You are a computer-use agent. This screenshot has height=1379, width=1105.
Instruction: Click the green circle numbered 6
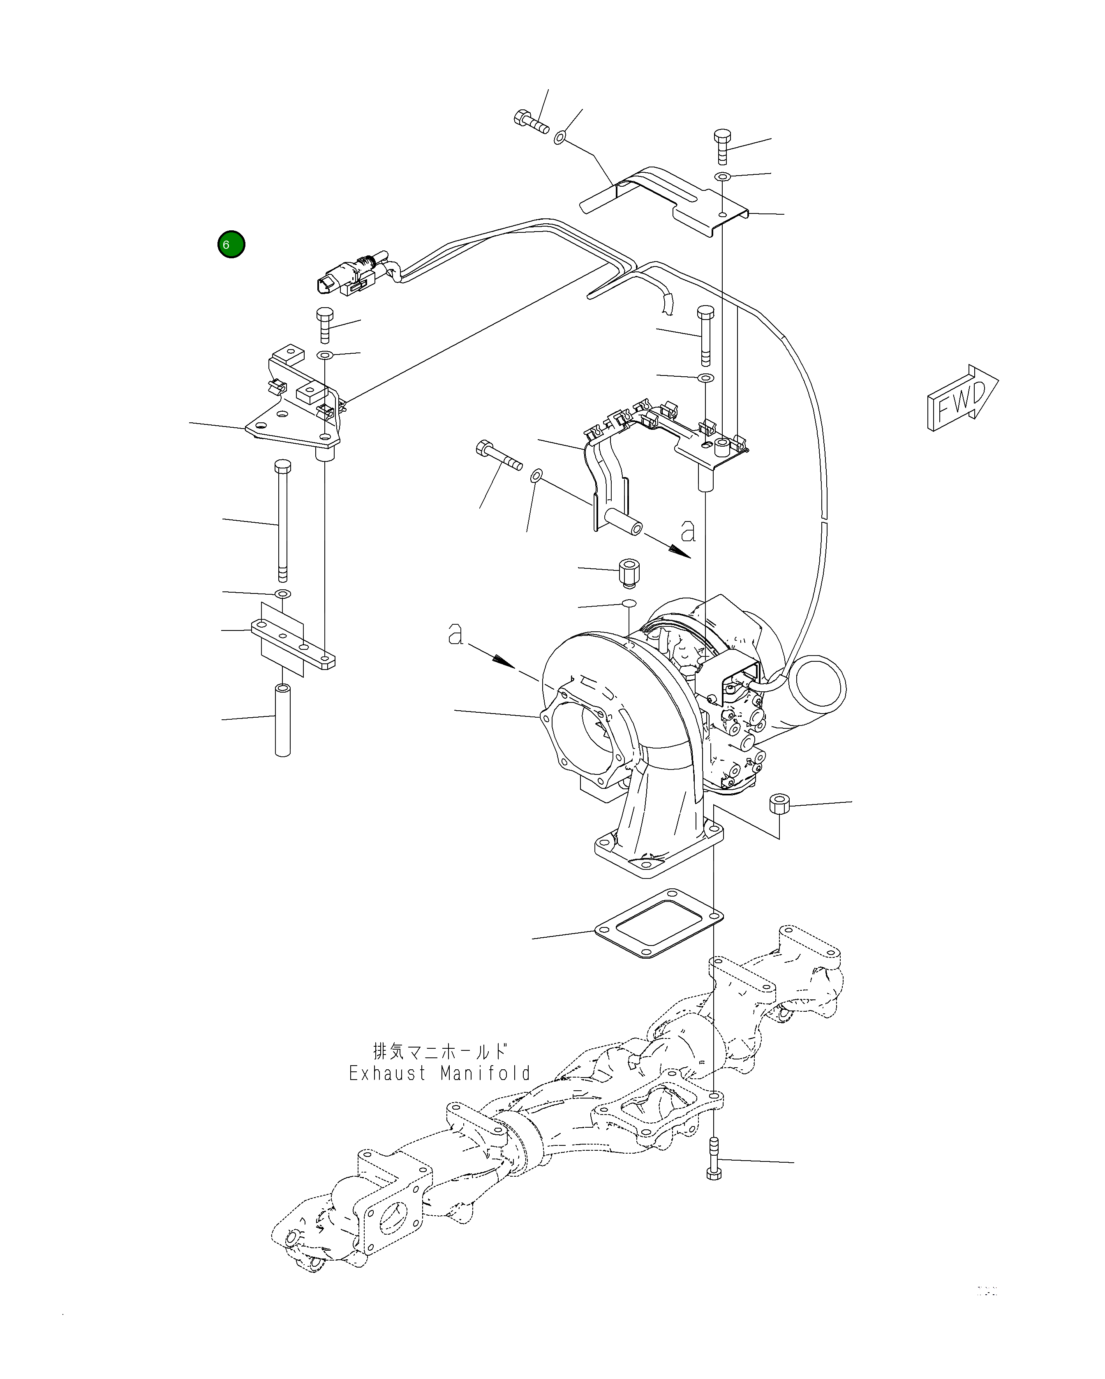(231, 244)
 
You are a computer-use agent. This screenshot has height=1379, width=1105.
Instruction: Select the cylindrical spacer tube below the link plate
(283, 720)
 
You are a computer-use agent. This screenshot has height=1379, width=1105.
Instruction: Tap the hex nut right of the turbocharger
(779, 803)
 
